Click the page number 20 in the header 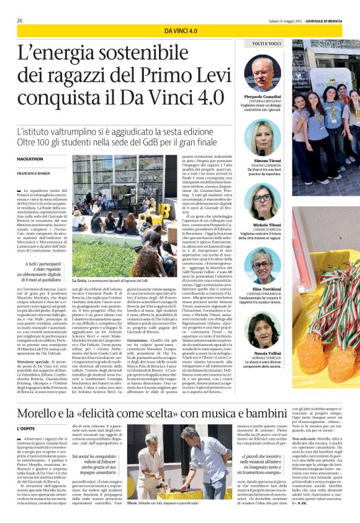[x=20, y=20]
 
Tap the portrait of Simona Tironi [x=262, y=137]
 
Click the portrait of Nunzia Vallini [x=262, y=332]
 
